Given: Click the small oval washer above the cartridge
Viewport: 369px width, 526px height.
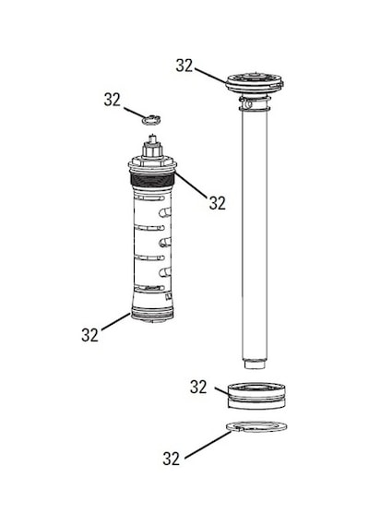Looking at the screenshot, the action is coord(151,119).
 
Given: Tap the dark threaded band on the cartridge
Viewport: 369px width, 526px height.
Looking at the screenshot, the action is coord(152,181).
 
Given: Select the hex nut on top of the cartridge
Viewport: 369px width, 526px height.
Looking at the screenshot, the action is coord(152,149).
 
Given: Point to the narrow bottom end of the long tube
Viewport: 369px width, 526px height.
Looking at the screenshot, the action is coord(255,364).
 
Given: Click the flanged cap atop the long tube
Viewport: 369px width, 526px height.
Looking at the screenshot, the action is coord(255,82).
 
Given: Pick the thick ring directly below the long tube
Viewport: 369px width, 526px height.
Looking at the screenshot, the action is coord(256,396).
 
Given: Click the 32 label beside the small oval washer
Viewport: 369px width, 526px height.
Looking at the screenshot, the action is coord(112,100).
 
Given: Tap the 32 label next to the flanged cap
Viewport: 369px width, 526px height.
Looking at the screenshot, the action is coord(184,66).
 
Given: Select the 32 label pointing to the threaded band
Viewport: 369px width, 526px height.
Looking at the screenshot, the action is coord(218,203).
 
